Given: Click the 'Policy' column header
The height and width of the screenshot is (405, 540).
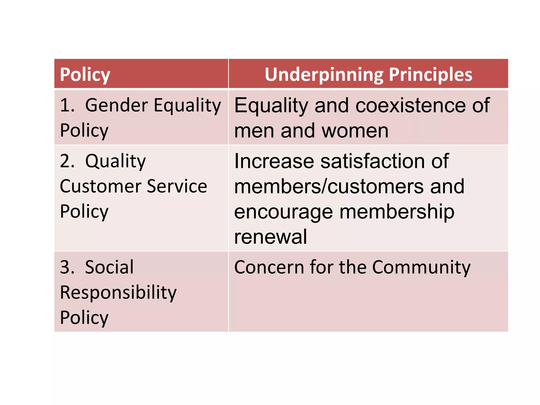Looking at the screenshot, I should pos(85,75).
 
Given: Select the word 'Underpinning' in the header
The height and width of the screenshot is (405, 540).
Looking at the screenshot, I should pos(324,75).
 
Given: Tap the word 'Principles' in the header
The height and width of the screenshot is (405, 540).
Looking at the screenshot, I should pos(431,75).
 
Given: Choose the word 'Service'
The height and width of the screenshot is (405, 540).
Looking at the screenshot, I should pos(177,186).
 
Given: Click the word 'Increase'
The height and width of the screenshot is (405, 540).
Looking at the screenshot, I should pos(274,161).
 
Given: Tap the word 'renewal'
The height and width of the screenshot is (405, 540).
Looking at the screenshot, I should pos(271,237).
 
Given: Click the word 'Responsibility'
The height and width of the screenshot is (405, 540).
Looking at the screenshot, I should pos(118,293).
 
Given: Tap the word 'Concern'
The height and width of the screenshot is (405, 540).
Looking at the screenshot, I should pos(269,267).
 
